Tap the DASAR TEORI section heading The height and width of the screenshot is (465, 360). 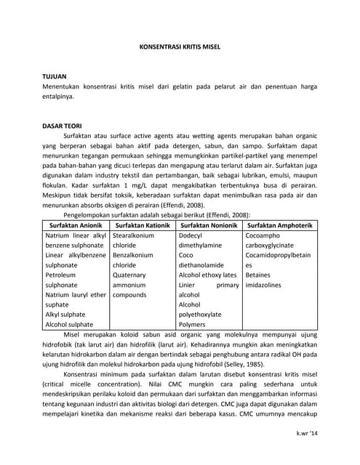63,125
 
